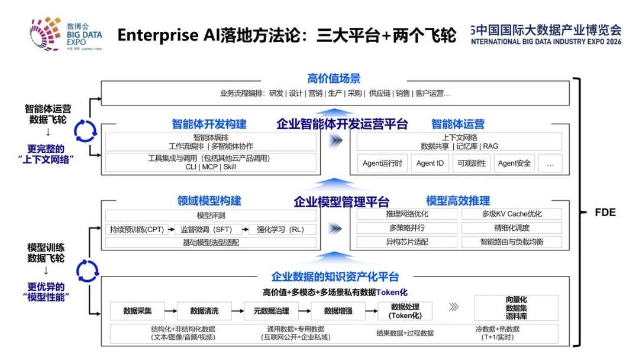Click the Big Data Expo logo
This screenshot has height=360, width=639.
coord(66,34)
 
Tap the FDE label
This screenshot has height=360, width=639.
coord(605,213)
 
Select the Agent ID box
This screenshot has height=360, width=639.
coord(430,163)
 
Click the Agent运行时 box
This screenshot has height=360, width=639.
coord(382,163)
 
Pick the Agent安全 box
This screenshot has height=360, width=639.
coord(514,163)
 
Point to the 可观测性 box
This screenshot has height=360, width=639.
coord(472,163)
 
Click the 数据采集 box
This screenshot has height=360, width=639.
coord(137,311)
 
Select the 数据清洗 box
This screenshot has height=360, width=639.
coord(204,311)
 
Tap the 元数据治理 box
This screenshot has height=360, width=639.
coord(271,311)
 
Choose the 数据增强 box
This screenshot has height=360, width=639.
coord(338,311)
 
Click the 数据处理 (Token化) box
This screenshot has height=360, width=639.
coord(405,311)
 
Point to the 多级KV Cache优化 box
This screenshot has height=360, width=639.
coord(512,214)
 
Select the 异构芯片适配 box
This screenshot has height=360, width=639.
coord(406,242)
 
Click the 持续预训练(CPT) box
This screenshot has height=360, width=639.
coord(137,230)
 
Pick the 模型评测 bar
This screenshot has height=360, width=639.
coord(211,216)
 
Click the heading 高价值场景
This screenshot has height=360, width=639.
coord(334,78)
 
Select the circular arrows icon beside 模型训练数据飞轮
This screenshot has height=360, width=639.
coord(87,271)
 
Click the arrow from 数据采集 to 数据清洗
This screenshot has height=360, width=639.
coord(171,311)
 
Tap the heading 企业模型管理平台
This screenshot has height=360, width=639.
coord(341,201)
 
